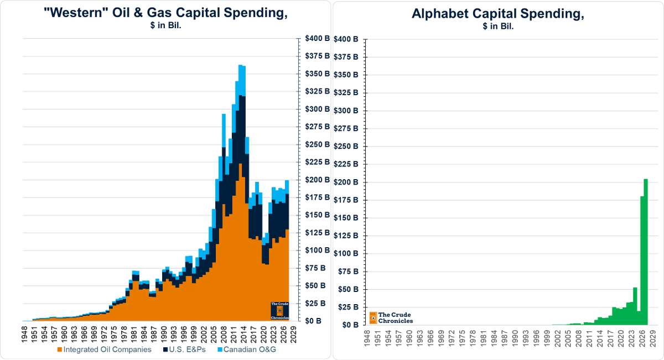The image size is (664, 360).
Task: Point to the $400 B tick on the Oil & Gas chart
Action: [317, 39]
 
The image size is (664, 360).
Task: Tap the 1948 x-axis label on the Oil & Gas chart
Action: [25, 334]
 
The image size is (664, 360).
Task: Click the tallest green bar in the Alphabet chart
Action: [646, 252]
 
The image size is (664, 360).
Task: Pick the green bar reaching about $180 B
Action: [642, 260]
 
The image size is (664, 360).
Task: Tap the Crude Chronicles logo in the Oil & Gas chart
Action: [279, 311]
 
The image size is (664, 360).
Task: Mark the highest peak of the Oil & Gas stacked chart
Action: [241, 65]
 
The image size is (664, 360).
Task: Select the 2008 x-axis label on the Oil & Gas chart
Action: [224, 334]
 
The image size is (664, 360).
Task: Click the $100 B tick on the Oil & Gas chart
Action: [317, 251]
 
